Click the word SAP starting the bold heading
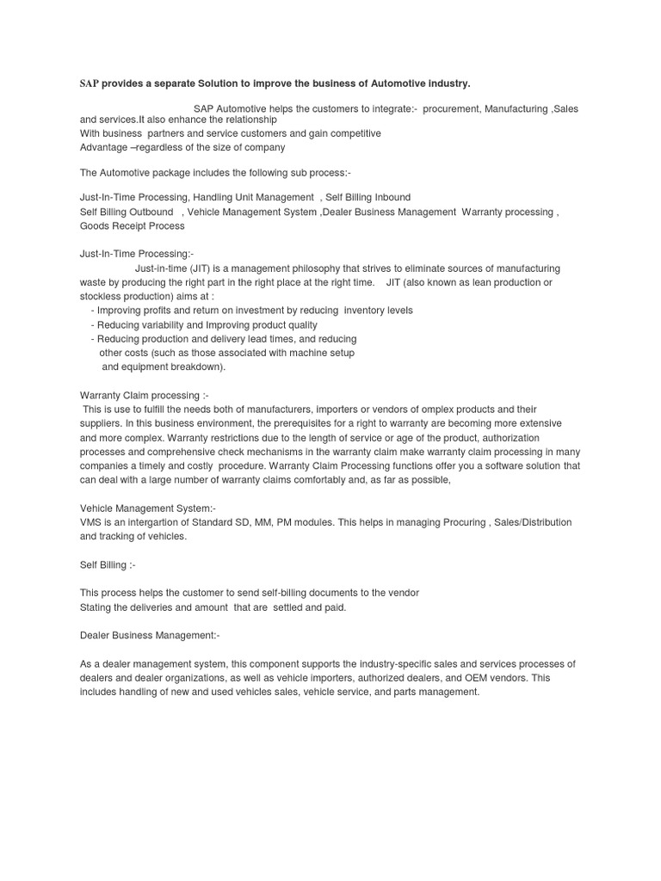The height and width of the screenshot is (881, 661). tap(90, 83)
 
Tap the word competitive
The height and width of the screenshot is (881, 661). tap(351, 133)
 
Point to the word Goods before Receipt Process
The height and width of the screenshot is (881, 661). tap(94, 226)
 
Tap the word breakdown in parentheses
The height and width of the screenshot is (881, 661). tap(195, 367)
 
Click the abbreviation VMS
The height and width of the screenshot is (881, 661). tap(91, 523)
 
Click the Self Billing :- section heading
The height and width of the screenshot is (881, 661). tap(108, 564)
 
